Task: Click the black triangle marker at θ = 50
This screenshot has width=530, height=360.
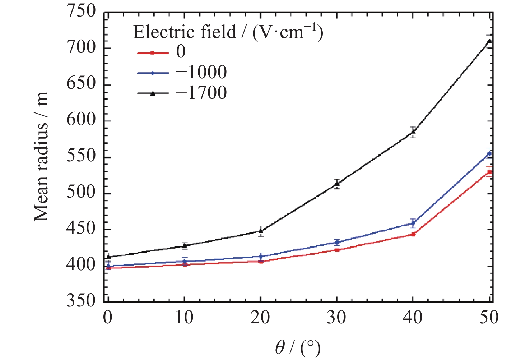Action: coord(489,41)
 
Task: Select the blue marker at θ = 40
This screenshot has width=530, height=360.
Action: coord(413,223)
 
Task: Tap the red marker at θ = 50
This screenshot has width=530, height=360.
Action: coord(489,172)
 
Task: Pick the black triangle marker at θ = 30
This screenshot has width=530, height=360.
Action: coord(337,184)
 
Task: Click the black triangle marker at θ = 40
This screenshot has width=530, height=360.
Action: coord(413,131)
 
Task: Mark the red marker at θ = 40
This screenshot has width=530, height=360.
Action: coord(413,234)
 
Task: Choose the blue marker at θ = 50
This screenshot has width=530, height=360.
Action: coord(489,154)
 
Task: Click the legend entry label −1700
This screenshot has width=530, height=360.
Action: coord(201,93)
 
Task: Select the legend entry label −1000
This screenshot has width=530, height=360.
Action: coord(201,72)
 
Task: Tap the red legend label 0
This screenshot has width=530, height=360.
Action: coord(181,52)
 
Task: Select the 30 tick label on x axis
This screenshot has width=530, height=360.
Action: coord(336,318)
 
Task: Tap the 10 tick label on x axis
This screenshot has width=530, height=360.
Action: coord(184,318)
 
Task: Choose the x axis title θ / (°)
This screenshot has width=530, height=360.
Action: coord(298,348)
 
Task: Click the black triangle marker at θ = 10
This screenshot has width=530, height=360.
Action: coord(185,246)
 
